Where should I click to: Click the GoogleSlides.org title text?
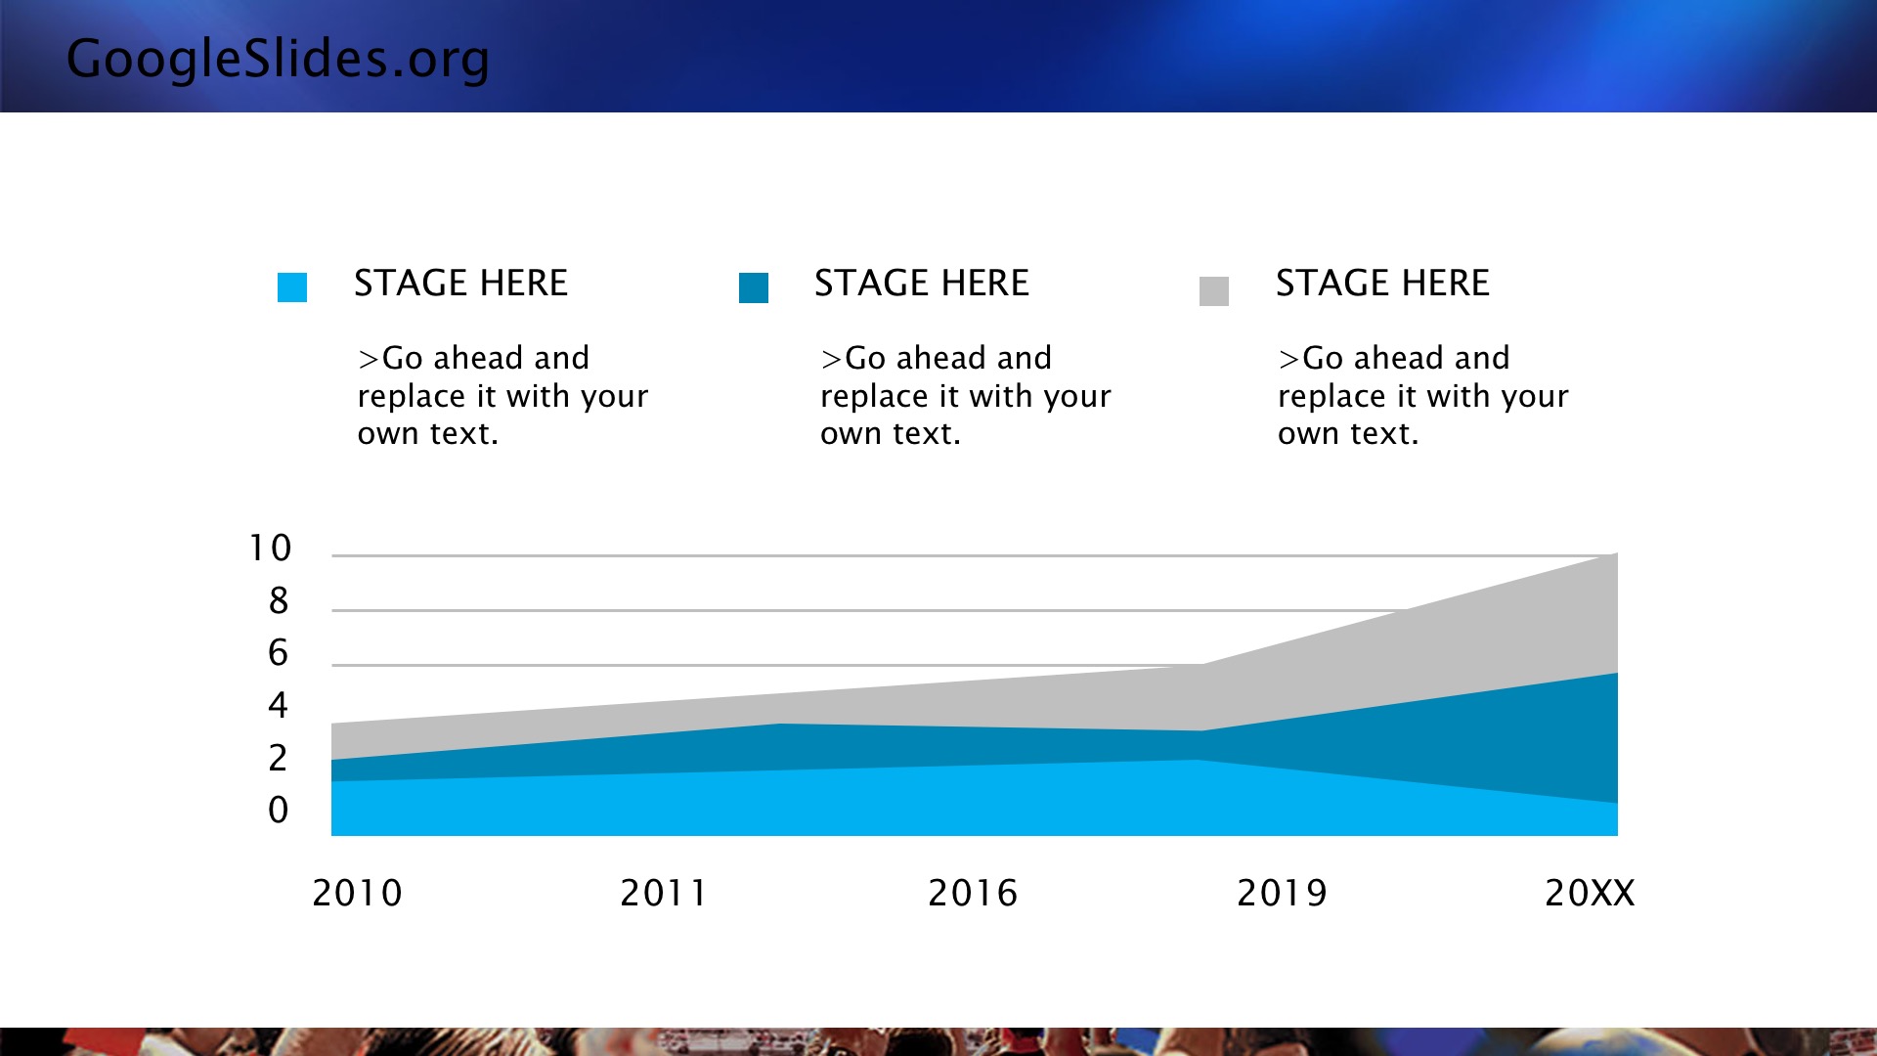[x=278, y=59]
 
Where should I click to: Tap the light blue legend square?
[x=292, y=287]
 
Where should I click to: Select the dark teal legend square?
[x=754, y=287]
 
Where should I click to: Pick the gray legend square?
[x=1214, y=291]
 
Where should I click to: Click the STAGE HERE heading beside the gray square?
[x=1382, y=284]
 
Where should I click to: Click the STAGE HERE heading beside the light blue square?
[x=460, y=284]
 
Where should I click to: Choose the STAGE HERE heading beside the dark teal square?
[x=922, y=284]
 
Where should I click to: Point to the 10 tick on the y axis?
[x=270, y=549]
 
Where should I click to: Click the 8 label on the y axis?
[x=279, y=600]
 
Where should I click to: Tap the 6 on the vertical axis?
[x=279, y=653]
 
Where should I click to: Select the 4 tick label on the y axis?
[x=279, y=705]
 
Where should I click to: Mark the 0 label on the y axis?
[x=279, y=810]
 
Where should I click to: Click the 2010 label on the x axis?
[x=357, y=893]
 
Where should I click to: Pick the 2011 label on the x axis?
[x=664, y=893]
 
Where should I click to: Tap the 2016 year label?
[x=973, y=893]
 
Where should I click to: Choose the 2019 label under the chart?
[x=1282, y=893]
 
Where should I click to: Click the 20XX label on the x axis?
[x=1590, y=893]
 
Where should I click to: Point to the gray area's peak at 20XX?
[x=1617, y=553]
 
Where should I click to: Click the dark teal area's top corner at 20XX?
[x=1617, y=674]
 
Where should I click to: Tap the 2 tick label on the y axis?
[x=279, y=758]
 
